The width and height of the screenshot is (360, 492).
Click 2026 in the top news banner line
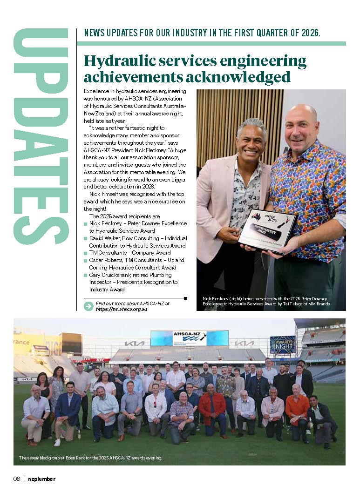click(x=309, y=34)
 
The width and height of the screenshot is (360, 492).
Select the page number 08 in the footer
click(x=16, y=479)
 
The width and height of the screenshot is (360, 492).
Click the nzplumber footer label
click(x=41, y=479)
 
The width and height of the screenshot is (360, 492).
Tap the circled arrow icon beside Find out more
click(x=88, y=306)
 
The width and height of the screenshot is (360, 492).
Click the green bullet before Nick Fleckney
click(x=85, y=224)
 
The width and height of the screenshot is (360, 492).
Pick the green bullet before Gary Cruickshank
click(x=85, y=275)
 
